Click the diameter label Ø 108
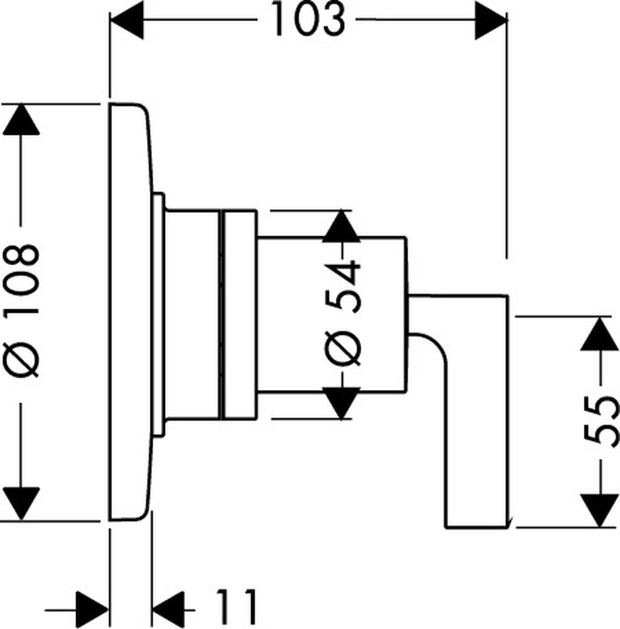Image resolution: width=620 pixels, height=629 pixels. click(22, 309)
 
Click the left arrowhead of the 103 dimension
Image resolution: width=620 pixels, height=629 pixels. click(127, 20)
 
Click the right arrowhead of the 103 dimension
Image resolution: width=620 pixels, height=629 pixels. click(490, 20)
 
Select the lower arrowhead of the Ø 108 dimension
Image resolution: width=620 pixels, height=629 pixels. click(21, 503)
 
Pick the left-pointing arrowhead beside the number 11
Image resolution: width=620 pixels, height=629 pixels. click(169, 609)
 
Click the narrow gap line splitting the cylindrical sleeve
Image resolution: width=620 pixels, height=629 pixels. click(220, 314)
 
